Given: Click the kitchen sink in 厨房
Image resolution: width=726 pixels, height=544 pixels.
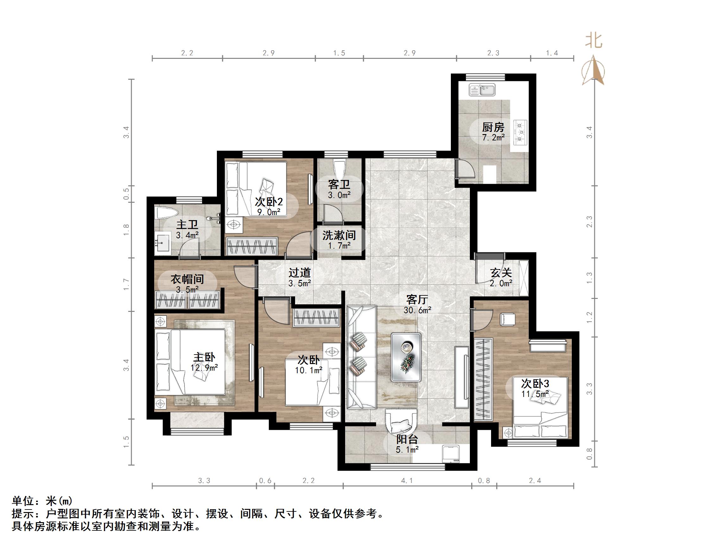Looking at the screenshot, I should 482,90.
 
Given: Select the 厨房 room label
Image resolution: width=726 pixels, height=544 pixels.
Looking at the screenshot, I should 493,127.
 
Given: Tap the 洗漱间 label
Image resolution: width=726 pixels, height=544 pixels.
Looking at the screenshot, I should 339,235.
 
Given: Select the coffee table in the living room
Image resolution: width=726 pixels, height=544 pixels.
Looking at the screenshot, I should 406,357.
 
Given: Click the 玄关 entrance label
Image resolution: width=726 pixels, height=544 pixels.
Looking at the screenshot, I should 501,273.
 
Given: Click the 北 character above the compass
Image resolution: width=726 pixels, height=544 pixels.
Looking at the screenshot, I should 594,41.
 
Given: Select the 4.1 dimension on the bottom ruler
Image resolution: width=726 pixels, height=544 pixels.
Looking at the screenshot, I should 407,481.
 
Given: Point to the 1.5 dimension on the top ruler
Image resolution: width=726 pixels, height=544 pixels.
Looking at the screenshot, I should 339,53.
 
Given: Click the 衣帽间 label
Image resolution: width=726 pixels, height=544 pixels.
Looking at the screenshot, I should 187,279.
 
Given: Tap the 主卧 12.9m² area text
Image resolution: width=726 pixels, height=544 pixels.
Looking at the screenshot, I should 204,368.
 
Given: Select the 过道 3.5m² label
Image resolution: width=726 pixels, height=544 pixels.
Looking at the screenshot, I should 300,278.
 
